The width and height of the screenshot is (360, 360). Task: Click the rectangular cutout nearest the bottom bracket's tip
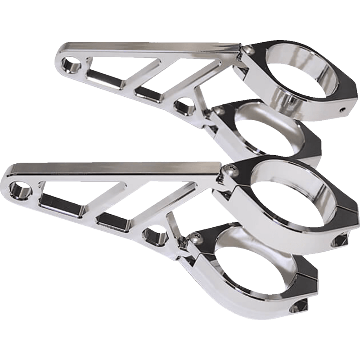[x=54, y=201]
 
